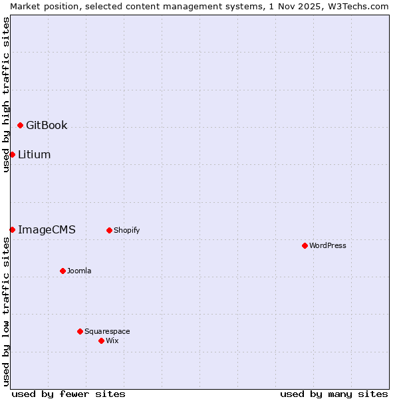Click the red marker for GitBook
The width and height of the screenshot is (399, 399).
[20, 125]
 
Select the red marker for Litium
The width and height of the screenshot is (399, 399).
[12, 154]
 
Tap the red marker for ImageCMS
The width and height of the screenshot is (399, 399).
[12, 229]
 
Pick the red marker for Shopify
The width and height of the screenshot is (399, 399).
[109, 230]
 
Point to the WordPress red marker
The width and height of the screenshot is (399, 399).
[305, 245]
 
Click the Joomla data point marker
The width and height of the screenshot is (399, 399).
[63, 271]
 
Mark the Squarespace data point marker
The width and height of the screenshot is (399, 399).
[80, 331]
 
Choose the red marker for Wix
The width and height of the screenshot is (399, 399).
[101, 340]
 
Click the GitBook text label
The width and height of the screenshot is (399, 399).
[47, 125]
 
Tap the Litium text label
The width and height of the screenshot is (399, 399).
[35, 154]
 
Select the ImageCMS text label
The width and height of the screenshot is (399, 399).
[47, 229]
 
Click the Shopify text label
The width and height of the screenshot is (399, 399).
[126, 230]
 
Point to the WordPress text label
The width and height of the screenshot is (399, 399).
[328, 245]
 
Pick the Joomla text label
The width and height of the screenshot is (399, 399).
[79, 271]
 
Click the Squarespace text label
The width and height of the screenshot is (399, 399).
[107, 331]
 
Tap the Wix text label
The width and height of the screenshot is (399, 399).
[112, 340]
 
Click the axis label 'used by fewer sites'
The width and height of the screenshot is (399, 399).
[68, 394]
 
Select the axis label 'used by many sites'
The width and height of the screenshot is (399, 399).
[334, 394]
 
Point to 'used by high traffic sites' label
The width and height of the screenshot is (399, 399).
[6, 94]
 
